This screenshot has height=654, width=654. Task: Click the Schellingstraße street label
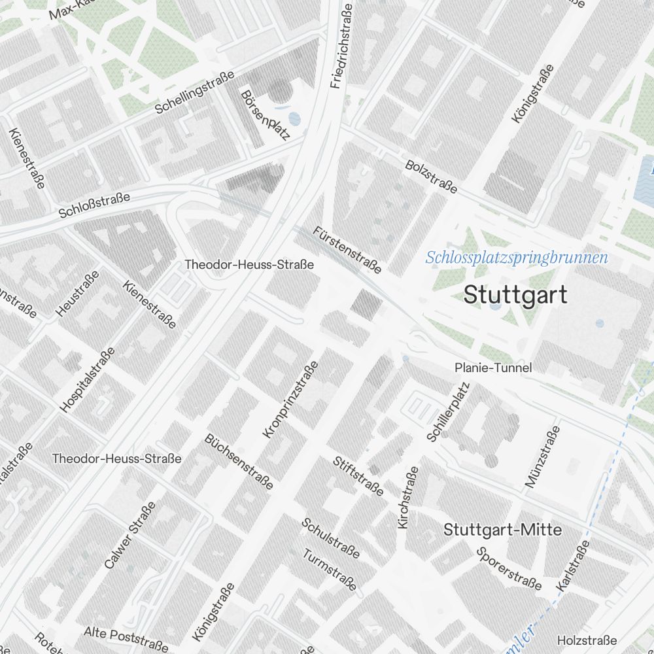coord(194,92)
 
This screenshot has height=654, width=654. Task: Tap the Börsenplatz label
coord(265,116)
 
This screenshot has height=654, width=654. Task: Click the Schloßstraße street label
coord(94,205)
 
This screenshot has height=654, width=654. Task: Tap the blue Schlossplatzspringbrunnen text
coord(516,258)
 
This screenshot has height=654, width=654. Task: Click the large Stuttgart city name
coord(515,295)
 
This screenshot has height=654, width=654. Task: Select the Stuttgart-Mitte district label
coord(502,530)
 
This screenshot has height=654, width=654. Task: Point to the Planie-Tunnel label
coord(493,368)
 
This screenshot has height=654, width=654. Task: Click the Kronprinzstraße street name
coord(290,400)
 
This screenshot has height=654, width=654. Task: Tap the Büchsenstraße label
coord(239,462)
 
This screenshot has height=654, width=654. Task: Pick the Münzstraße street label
coord(543,456)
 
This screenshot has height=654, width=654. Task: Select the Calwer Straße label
coord(129,535)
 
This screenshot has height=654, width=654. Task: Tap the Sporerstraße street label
coord(509,568)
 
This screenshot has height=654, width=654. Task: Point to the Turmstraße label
coord(330,570)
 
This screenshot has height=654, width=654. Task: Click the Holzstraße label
coord(587,640)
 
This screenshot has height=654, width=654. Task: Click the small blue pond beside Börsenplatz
coord(294,119)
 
